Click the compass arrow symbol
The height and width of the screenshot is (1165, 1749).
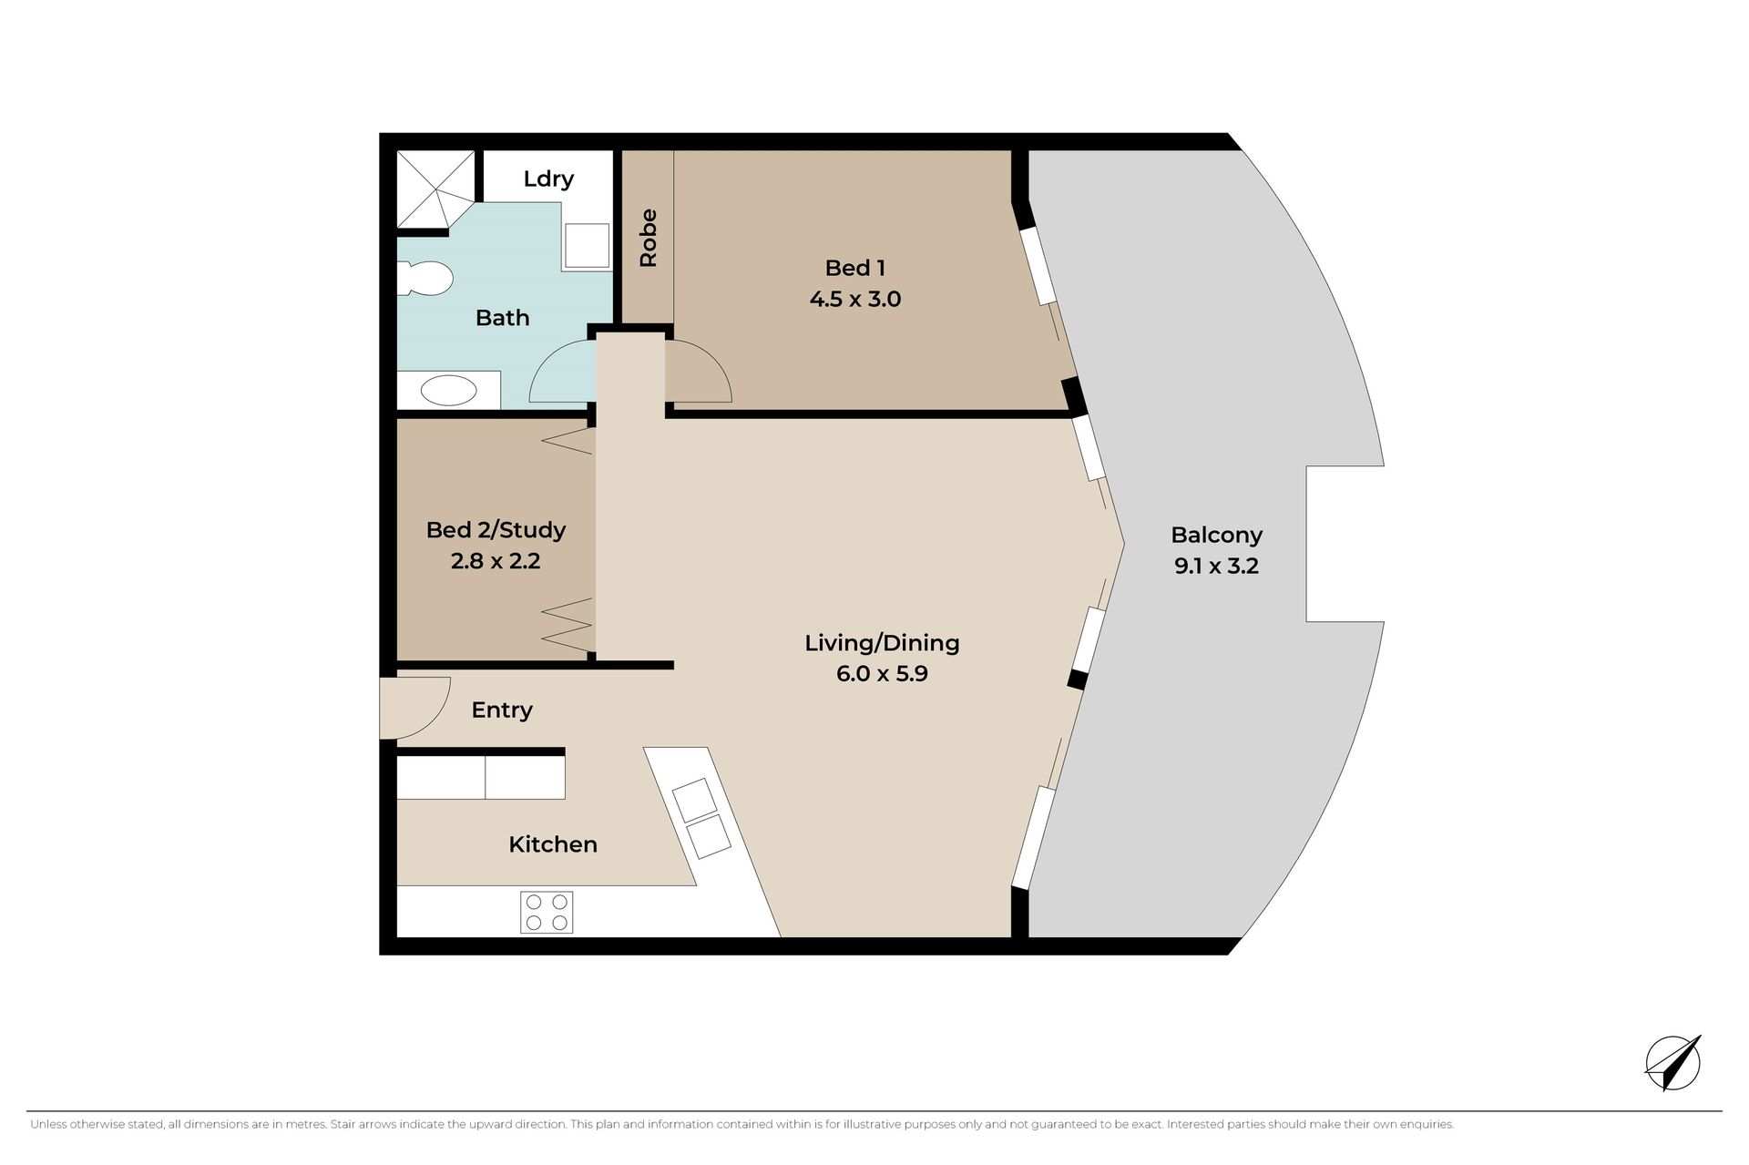pyautogui.click(x=1673, y=1063)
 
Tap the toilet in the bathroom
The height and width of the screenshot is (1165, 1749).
pyautogui.click(x=425, y=279)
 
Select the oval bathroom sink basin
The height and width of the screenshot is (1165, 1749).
pyautogui.click(x=448, y=392)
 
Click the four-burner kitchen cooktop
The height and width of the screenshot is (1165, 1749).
pyautogui.click(x=547, y=912)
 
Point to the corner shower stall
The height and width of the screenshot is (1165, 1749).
pyautogui.click(x=436, y=189)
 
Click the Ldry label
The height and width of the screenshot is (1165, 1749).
pyautogui.click(x=548, y=179)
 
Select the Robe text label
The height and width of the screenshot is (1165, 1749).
pyautogui.click(x=648, y=239)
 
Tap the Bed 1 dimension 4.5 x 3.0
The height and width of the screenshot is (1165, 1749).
pyautogui.click(x=855, y=299)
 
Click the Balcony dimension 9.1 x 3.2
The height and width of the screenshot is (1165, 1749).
pyautogui.click(x=1217, y=566)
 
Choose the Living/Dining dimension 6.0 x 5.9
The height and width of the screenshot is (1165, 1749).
pyautogui.click(x=882, y=674)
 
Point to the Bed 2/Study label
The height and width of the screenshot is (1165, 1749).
pyautogui.click(x=496, y=530)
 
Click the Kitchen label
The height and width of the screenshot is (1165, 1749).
pyautogui.click(x=553, y=844)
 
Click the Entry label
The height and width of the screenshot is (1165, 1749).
pyautogui.click(x=502, y=710)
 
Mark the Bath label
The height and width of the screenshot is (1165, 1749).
pyautogui.click(x=503, y=318)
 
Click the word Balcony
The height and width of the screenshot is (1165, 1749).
pyautogui.click(x=1217, y=536)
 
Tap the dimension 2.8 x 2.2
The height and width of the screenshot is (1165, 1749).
pyautogui.click(x=496, y=561)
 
